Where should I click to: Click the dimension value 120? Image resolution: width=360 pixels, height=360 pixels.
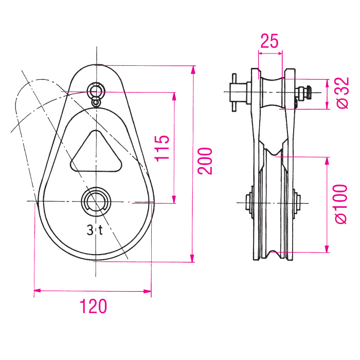93,307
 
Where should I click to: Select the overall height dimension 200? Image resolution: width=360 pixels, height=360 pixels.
206,161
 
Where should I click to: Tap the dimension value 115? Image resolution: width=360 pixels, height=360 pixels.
162,148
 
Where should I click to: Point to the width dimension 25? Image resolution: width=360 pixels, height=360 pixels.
269,41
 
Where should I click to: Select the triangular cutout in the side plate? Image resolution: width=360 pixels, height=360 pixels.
96,153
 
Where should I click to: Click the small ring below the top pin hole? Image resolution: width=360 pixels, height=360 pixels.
96,102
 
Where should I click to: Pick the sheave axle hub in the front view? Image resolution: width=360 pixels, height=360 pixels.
96,201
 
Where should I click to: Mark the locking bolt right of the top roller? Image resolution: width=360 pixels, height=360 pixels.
304,93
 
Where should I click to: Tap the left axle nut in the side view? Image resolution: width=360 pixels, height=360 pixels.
248,202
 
